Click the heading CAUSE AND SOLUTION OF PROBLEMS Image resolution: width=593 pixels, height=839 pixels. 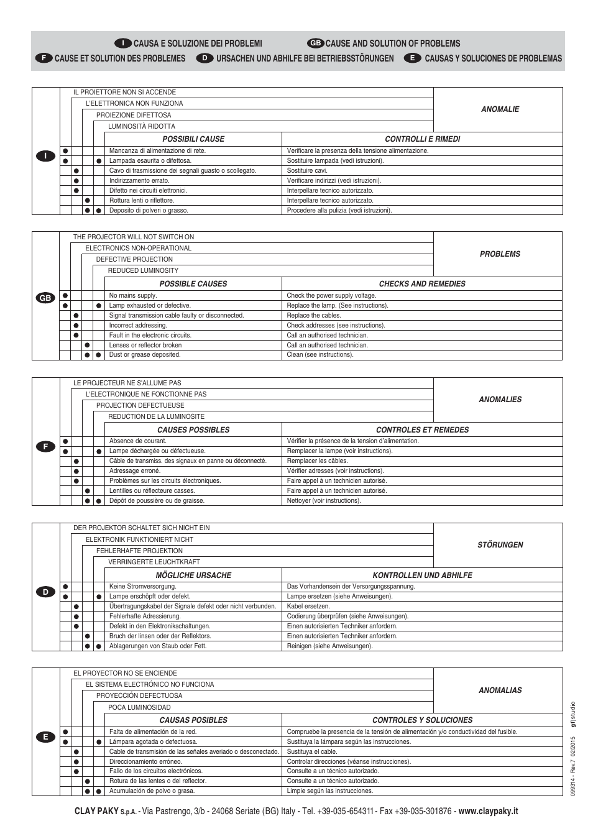point(393,44)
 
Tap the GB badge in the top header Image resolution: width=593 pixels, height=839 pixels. point(315,44)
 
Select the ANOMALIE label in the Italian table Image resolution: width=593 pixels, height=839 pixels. point(500,109)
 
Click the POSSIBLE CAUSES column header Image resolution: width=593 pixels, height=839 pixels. point(193,284)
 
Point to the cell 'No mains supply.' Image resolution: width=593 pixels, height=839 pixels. point(133,296)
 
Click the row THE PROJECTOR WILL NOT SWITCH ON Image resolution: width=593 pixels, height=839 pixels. point(134,237)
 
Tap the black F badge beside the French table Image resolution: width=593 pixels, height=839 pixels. point(45,446)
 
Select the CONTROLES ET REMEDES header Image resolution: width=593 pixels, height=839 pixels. point(422,430)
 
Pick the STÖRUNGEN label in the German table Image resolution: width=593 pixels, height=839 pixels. point(500,545)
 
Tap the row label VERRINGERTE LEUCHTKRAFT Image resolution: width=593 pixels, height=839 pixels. point(154,562)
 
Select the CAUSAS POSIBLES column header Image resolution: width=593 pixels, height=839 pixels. point(193,720)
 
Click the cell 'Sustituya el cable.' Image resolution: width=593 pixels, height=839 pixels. point(312,752)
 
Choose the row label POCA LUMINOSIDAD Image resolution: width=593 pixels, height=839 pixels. point(139,707)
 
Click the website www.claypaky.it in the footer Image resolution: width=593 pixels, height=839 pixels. point(488,811)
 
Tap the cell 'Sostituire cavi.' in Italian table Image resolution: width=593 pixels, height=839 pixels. point(307,171)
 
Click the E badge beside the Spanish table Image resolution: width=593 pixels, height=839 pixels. point(45,736)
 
